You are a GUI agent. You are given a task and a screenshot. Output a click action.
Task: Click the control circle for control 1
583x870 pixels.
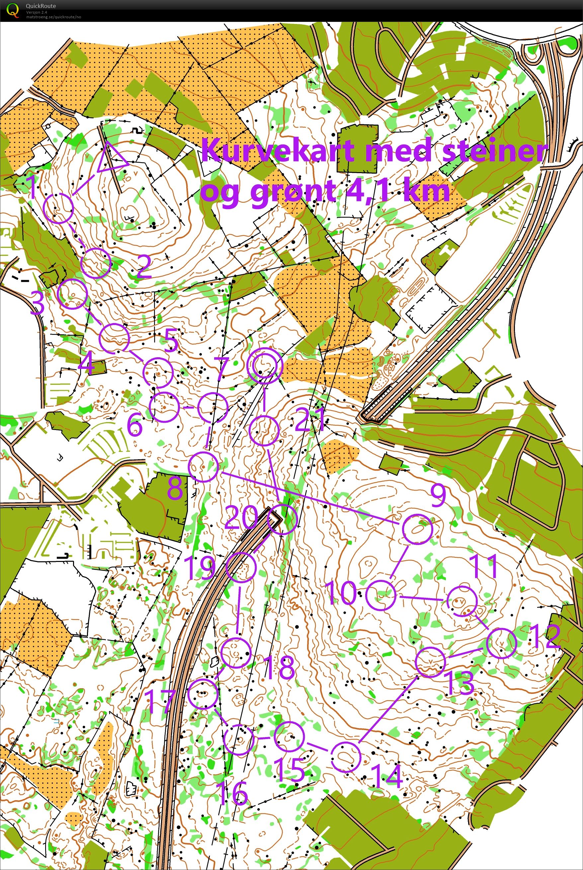click(x=59, y=208)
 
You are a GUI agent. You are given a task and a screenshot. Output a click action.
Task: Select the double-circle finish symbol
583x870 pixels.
click(x=265, y=366)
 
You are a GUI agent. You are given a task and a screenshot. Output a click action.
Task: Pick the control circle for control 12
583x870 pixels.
click(x=502, y=643)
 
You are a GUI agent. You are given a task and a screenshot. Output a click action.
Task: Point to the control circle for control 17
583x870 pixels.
click(x=203, y=694)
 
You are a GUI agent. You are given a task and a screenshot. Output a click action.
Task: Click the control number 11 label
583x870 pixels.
click(x=483, y=566)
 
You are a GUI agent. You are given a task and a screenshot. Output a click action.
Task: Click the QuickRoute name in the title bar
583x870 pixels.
click(x=41, y=6)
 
